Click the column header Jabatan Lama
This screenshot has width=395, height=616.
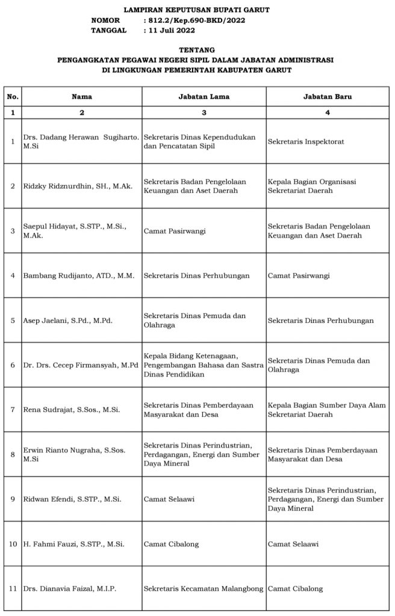[x=204, y=96]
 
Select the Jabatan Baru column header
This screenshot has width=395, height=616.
[x=328, y=96]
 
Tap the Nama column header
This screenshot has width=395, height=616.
[x=82, y=96]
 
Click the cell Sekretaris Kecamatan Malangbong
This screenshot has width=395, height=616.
[x=204, y=589]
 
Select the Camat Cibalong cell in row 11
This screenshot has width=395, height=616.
[x=295, y=589]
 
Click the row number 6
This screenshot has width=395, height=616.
[x=13, y=365]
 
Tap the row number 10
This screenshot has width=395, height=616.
[x=13, y=544]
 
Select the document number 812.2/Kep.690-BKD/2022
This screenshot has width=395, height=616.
[x=197, y=20]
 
